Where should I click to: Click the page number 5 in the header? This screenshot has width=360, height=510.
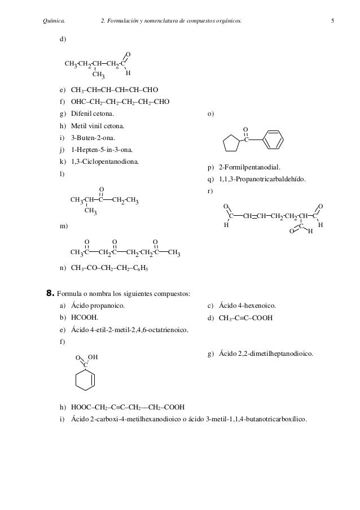[x=333, y=21]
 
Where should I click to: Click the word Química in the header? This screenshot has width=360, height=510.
[x=54, y=21]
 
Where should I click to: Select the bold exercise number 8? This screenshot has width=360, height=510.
[x=49, y=293]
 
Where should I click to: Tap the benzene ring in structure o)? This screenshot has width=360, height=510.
[x=272, y=139]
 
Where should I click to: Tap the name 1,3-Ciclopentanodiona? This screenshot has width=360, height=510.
[x=106, y=162]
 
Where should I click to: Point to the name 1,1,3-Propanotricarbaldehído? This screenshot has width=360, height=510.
[x=262, y=180]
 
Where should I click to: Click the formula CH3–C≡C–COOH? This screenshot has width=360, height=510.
[x=246, y=317]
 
